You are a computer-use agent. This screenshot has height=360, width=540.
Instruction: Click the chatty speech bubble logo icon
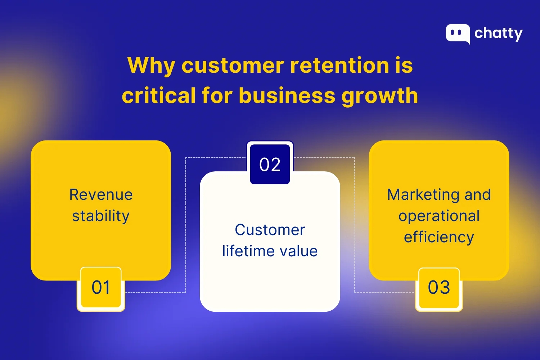458,33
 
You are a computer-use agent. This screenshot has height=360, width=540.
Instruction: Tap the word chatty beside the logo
498,33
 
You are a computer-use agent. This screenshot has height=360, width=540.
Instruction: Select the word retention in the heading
339,66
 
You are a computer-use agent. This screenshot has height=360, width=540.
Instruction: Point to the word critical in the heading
158,96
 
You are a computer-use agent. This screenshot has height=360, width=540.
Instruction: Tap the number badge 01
101,288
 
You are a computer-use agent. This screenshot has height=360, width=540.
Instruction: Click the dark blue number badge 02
270,165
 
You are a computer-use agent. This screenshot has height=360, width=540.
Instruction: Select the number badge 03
439,288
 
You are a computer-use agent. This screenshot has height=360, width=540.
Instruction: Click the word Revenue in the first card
101,195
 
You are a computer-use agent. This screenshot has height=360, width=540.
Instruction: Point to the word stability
101,216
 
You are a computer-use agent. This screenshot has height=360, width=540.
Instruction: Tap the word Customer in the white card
270,230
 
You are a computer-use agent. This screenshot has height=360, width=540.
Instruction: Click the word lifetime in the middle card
244,251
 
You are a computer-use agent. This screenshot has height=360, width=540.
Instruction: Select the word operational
439,216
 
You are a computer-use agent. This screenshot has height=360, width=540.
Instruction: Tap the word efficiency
439,238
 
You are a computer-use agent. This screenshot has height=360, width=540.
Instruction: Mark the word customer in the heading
233,66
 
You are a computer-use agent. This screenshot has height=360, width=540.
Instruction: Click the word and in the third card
477,195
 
